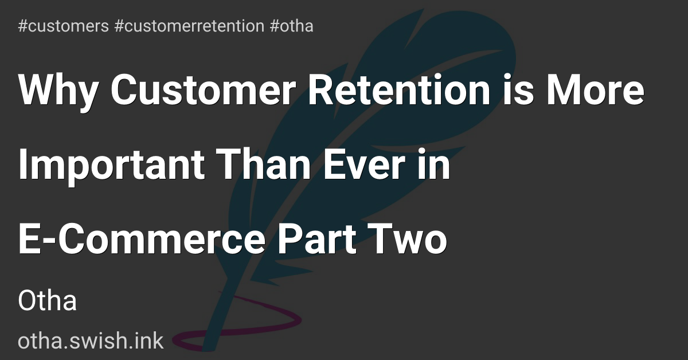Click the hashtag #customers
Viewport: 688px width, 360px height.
pos(64,26)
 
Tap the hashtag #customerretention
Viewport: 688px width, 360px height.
pos(189,26)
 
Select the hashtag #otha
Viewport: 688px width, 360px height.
pos(291,26)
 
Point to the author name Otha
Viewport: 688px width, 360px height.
pos(48,301)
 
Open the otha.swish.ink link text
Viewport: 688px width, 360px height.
pos(91,341)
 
